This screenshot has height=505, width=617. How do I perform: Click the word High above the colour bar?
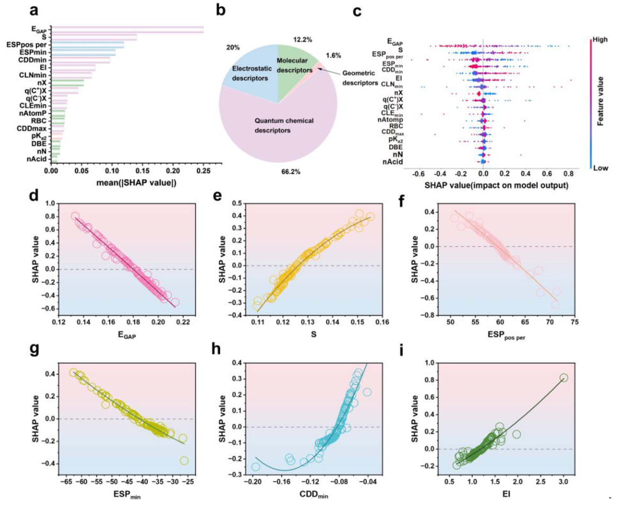coord(599,40)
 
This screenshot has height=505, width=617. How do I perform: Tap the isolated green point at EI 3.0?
coord(563,377)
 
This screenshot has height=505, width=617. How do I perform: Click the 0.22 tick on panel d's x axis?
coord(183,323)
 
